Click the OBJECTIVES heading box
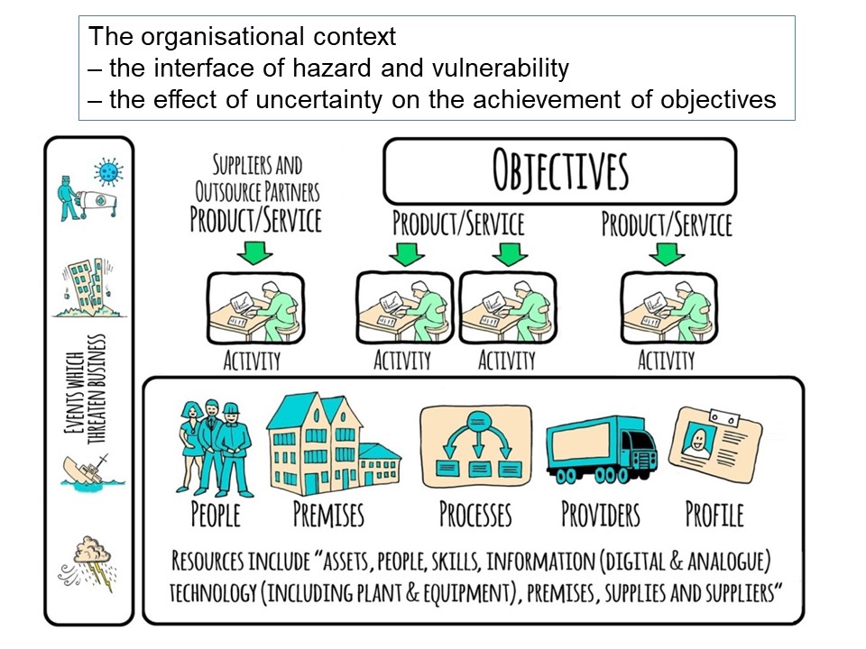559,171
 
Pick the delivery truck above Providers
601,448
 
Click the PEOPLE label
216,515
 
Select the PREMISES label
328,515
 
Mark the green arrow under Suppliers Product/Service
255,251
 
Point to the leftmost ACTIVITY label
253,361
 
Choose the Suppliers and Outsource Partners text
257,178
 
